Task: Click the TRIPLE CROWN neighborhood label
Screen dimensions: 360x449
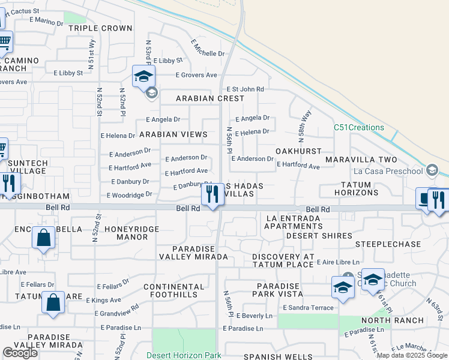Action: (100, 28)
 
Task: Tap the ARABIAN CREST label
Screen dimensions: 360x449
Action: (210, 98)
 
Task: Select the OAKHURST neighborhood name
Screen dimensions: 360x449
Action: (298, 151)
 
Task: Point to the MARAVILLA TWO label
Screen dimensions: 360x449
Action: (361, 160)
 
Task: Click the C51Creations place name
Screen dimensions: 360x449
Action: (359, 128)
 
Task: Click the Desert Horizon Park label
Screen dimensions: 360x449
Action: (184, 355)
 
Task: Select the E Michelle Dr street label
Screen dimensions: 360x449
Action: (208, 49)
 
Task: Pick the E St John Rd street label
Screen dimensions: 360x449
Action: (245, 89)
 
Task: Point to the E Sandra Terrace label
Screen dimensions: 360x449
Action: (307, 308)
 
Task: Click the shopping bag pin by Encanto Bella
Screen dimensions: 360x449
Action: (44, 238)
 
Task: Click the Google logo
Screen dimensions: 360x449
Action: (20, 353)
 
